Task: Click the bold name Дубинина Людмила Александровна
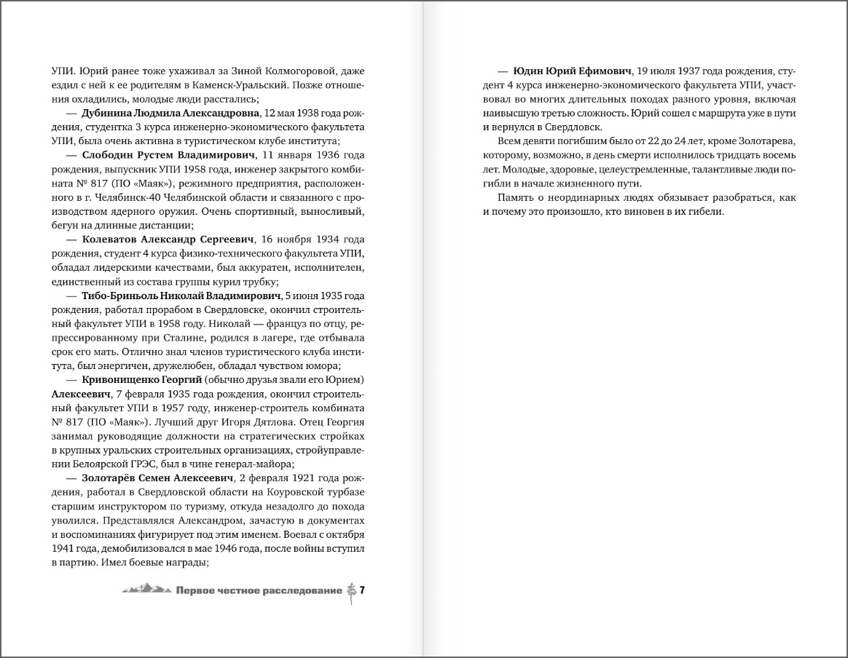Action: click(x=162, y=114)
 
